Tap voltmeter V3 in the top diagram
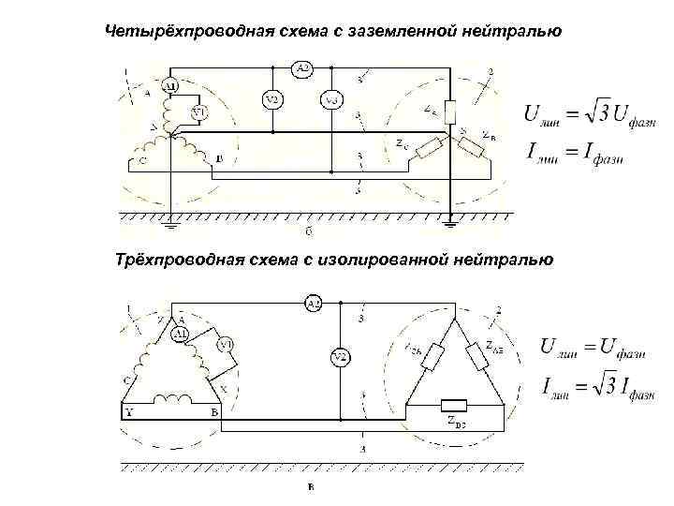(331, 99)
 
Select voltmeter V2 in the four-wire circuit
(271, 99)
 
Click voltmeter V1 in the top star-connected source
(198, 112)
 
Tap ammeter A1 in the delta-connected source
(181, 333)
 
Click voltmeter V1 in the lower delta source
(225, 346)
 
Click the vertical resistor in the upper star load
(449, 112)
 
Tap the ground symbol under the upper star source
(170, 224)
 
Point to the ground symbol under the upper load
(450, 224)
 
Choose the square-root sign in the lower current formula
(590, 383)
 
